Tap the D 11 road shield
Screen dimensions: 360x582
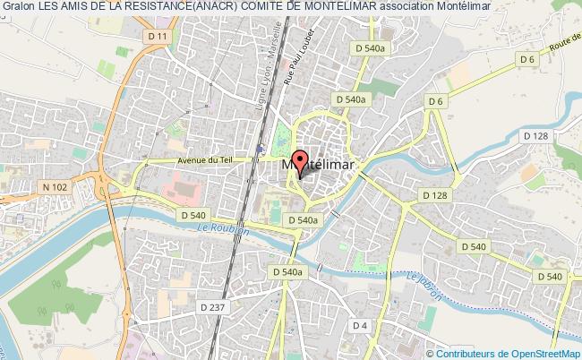(159, 35)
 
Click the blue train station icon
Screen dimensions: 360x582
(260, 150)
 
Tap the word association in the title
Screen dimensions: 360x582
(408, 7)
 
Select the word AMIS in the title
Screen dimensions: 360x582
(81, 7)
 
